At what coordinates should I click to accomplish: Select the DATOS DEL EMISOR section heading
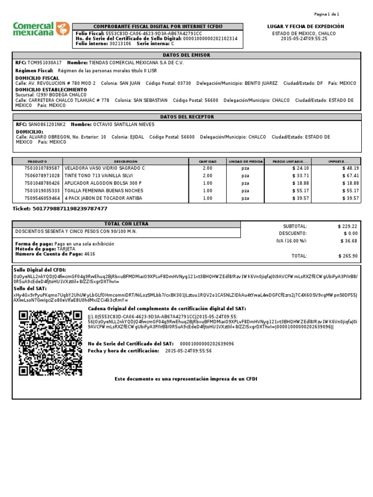(187, 55)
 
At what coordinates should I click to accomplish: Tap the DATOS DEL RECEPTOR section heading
(187, 117)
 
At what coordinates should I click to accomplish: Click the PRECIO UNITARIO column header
(290, 161)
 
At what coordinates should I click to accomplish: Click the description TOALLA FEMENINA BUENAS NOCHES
(103, 191)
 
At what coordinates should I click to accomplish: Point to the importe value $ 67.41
(350, 176)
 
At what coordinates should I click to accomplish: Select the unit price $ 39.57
(300, 199)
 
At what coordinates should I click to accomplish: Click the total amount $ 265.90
(348, 256)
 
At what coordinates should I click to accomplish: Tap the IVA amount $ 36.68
(349, 241)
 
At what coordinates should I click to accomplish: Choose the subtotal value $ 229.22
(348, 226)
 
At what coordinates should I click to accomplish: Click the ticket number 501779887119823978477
(69, 208)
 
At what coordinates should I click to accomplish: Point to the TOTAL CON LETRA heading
(126, 224)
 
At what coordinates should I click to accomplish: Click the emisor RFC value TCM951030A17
(45, 63)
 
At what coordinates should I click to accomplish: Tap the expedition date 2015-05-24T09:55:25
(305, 39)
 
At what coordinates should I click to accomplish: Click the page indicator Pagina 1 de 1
(326, 15)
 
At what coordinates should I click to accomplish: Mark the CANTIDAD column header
(207, 161)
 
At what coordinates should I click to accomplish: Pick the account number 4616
(90, 254)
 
